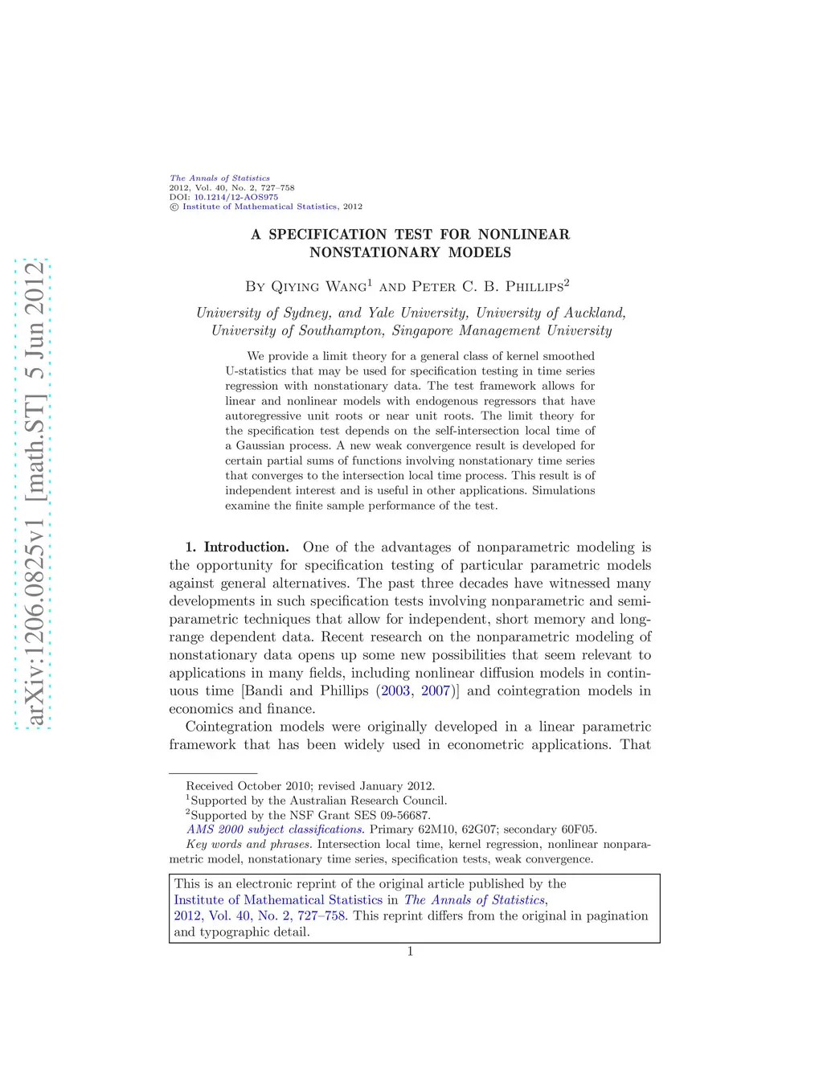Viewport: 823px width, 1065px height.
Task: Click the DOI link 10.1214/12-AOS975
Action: (x=235, y=197)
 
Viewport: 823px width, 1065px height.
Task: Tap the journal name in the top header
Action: (x=219, y=178)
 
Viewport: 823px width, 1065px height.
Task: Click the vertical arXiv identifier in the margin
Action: (x=34, y=494)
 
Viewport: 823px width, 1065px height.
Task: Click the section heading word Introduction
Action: (x=246, y=547)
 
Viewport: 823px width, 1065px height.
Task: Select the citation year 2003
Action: (x=395, y=691)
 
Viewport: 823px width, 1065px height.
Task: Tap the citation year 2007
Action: (x=436, y=691)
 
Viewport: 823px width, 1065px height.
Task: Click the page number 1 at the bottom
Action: (x=410, y=952)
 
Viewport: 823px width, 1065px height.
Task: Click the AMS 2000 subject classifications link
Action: (x=275, y=829)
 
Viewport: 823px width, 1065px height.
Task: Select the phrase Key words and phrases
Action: (x=248, y=844)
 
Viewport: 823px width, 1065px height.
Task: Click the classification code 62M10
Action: (x=436, y=829)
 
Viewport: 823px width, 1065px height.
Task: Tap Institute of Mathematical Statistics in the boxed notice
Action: (x=278, y=900)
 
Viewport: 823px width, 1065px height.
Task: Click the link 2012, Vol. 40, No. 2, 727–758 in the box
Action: (x=260, y=916)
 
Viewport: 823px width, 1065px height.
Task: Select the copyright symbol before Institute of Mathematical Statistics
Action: (x=174, y=207)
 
